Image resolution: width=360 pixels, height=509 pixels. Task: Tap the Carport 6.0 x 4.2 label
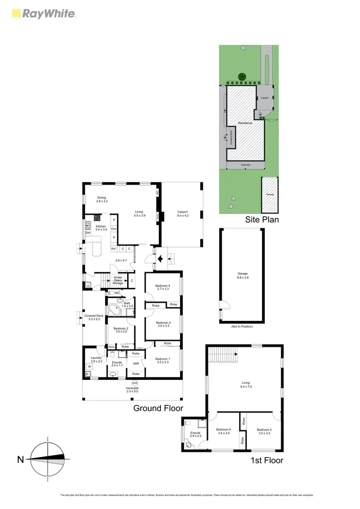coord(181,214)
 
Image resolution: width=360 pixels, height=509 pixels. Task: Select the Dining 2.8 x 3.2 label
coord(101,200)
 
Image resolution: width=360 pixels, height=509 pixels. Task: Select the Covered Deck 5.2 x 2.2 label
coord(94,317)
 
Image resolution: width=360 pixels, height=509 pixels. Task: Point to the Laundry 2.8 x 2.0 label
coord(94,360)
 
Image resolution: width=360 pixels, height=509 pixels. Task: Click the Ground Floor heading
coord(158,408)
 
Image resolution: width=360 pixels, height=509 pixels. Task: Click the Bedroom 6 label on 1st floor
coord(223,431)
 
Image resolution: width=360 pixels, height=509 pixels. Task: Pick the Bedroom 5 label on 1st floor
coord(264,431)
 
